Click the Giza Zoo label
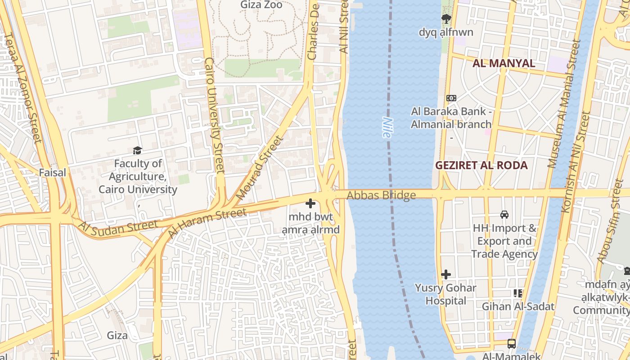coord(261,5)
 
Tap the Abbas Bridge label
coord(381,195)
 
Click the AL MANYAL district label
coord(504,63)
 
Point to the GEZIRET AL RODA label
coord(481,165)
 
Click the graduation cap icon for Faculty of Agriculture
coord(137,150)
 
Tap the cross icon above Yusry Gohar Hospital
coord(445,274)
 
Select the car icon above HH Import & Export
coord(504,215)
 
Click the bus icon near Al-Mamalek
coord(512,344)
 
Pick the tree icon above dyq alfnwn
coord(446,19)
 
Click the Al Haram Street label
coord(207,224)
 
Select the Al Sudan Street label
coord(118,228)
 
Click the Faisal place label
coord(52,172)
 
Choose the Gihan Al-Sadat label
coord(509,306)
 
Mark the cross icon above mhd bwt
coord(310,203)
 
